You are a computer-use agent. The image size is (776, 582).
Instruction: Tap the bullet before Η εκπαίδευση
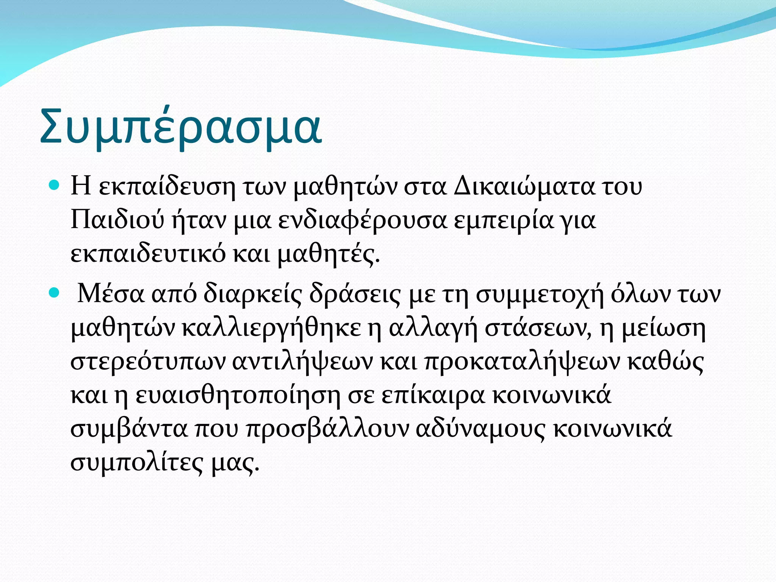55,186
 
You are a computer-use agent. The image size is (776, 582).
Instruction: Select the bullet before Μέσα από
55,293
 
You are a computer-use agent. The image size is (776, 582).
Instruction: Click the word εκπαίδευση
167,187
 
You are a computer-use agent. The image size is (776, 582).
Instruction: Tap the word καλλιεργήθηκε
271,329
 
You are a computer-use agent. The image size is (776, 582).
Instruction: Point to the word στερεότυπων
148,362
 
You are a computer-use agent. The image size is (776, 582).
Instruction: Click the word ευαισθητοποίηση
238,395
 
